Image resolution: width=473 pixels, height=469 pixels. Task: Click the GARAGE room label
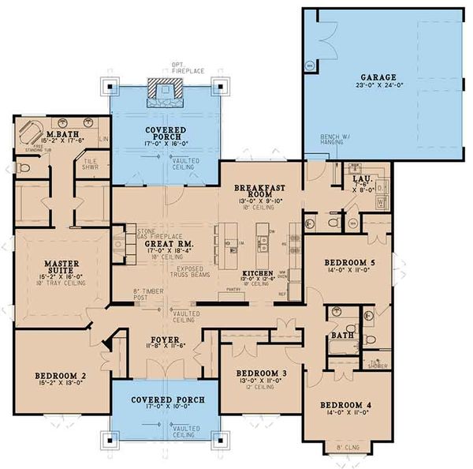379,77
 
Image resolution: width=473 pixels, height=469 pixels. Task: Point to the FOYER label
163,341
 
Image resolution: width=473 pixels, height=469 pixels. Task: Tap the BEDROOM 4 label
345,406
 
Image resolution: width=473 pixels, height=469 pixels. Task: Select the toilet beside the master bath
24,167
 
